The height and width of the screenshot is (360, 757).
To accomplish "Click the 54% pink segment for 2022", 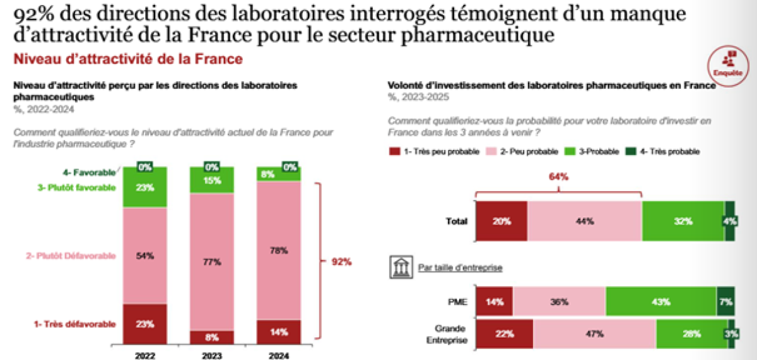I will click(145, 256).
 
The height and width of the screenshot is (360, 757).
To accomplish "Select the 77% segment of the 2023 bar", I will click(211, 261).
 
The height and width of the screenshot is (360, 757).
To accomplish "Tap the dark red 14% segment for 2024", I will click(278, 332).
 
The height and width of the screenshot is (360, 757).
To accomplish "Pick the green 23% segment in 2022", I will click(145, 188).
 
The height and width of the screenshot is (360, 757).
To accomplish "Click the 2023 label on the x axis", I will click(211, 355).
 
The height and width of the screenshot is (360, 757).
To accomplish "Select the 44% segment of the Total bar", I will click(584, 221).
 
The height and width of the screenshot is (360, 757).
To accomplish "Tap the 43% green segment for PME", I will click(660, 302).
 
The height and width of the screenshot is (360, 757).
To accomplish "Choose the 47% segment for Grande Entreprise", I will click(594, 334).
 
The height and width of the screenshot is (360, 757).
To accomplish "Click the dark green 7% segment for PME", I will click(725, 302).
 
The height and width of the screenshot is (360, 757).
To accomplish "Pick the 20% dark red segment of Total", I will click(502, 221).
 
